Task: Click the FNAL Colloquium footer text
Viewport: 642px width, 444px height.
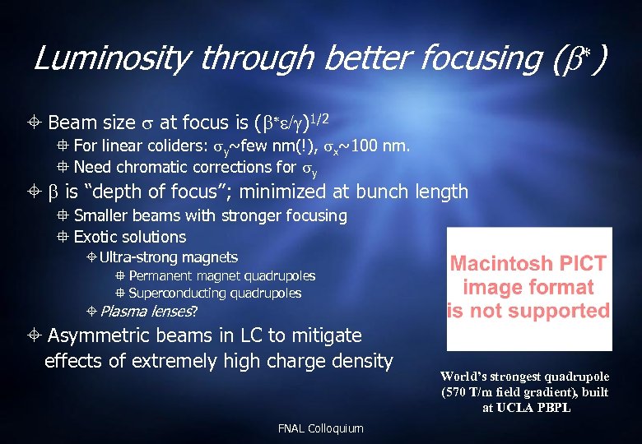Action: click(321, 428)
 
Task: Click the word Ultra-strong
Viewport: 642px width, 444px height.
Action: click(135, 257)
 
